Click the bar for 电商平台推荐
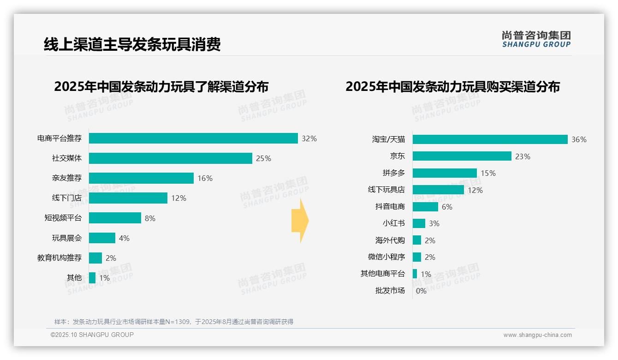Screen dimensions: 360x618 click(x=193, y=138)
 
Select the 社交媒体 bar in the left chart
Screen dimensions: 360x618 click(x=170, y=158)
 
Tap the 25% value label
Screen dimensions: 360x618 click(x=263, y=158)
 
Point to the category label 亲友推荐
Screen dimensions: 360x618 click(x=67, y=178)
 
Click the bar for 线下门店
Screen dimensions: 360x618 click(x=128, y=198)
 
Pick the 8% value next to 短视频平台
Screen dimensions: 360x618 click(x=150, y=218)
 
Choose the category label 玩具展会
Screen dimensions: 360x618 click(x=67, y=238)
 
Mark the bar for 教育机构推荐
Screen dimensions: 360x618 click(x=95, y=258)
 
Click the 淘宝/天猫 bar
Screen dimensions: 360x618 click(x=490, y=139)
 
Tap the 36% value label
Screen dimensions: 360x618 click(x=579, y=139)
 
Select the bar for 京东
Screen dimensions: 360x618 click(x=462, y=156)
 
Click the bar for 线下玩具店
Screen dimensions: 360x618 click(x=438, y=190)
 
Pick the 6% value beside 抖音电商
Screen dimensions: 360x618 click(x=447, y=207)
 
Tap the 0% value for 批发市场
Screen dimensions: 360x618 click(x=421, y=291)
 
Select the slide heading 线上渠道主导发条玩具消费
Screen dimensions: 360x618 click(x=132, y=44)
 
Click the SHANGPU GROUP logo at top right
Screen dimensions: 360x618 click(x=536, y=39)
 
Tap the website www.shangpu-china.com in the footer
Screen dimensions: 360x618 click(x=537, y=335)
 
